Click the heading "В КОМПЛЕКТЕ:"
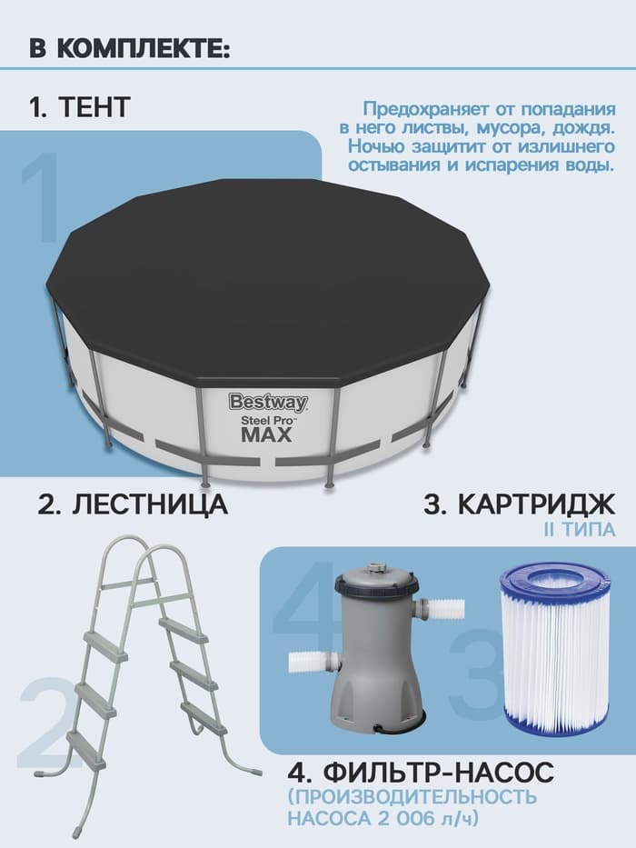click(x=129, y=49)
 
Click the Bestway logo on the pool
click(x=267, y=401)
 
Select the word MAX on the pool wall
click(x=266, y=434)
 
